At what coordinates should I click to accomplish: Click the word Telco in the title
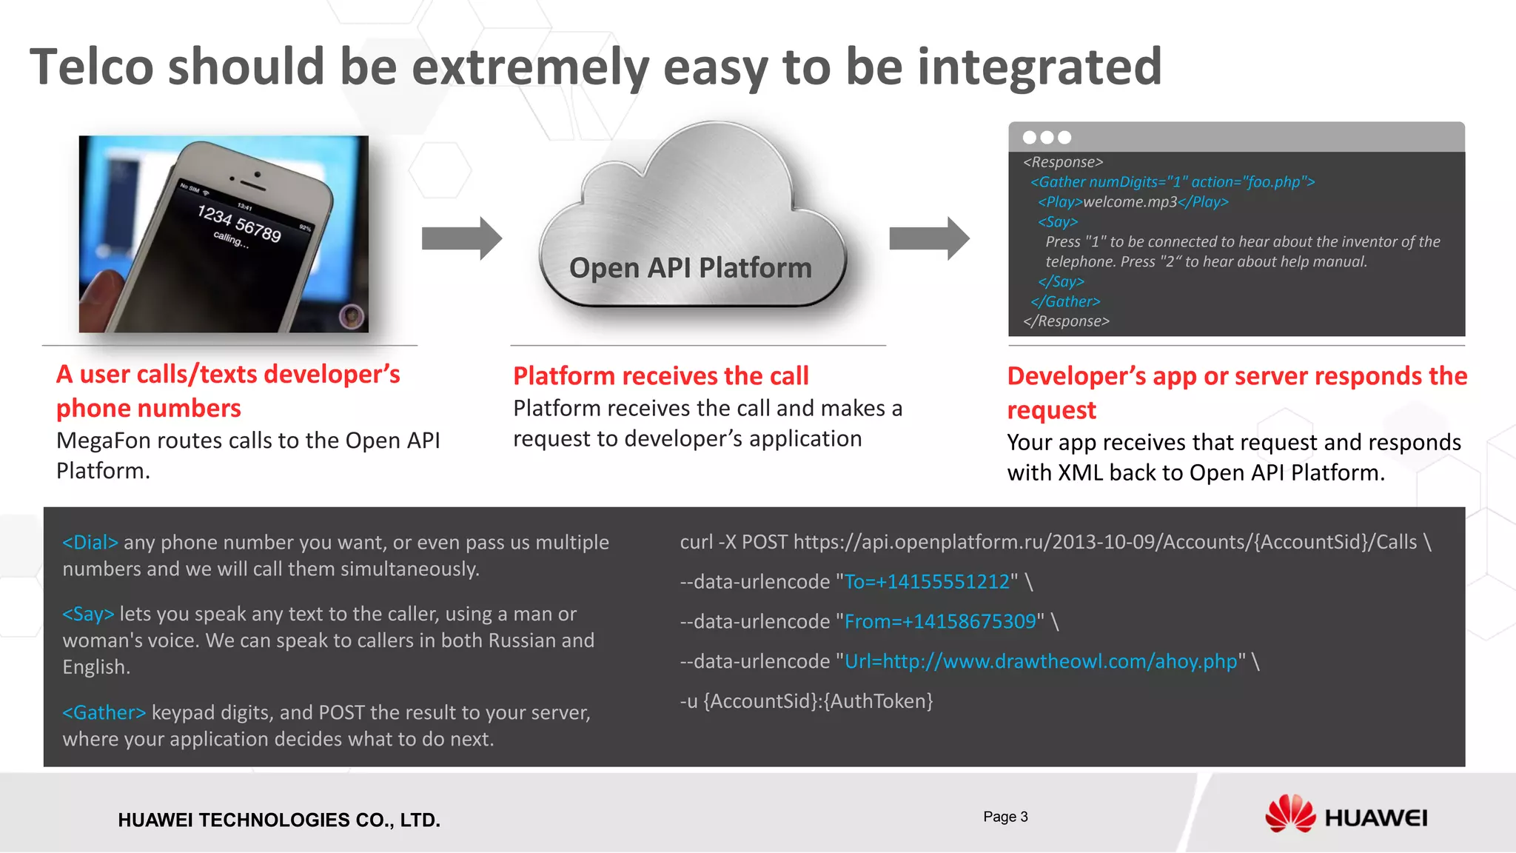pos(91,67)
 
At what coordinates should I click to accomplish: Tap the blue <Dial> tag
pos(90,543)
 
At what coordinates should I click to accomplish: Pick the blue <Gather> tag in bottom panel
pos(104,713)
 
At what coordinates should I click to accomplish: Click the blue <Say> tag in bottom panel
pos(88,615)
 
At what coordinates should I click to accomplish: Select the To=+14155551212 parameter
pos(927,582)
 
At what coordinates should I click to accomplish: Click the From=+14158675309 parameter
pos(940,622)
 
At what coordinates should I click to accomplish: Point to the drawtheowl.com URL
pos(1040,662)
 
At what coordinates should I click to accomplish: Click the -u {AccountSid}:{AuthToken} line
pos(806,701)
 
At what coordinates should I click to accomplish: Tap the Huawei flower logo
pos(1289,814)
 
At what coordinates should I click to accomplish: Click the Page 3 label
pos(1005,817)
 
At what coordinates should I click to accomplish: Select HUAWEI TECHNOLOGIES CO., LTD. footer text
pos(279,820)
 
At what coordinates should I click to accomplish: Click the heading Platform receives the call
pos(660,376)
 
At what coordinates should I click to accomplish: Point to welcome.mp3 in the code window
pos(1130,202)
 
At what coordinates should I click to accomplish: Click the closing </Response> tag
pos(1066,321)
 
